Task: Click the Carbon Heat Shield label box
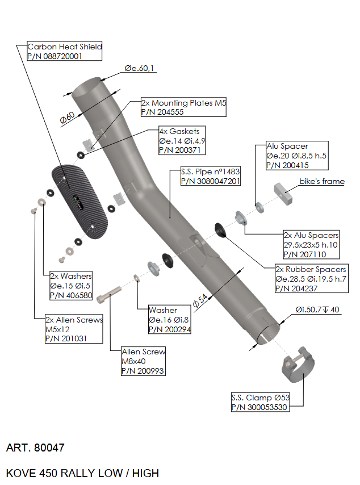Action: click(x=64, y=51)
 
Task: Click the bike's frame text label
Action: click(x=322, y=182)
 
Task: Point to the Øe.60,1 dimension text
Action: click(x=140, y=69)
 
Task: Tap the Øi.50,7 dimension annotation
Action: click(x=317, y=310)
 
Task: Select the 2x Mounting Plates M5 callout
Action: click(x=183, y=107)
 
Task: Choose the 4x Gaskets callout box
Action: click(x=181, y=140)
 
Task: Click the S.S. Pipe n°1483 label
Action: click(x=211, y=177)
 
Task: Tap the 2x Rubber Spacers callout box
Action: click(x=310, y=278)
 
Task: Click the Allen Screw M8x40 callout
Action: click(x=143, y=361)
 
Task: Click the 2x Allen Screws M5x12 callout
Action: click(x=74, y=329)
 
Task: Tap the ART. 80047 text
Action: click(x=35, y=448)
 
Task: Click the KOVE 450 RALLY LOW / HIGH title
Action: click(x=82, y=473)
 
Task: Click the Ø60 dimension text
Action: click(x=67, y=118)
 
